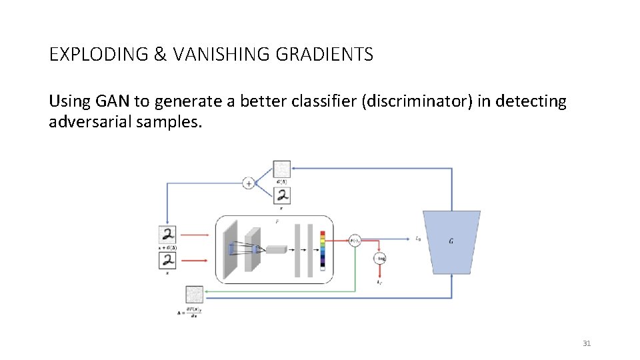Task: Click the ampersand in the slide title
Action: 160,54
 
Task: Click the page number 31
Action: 587,343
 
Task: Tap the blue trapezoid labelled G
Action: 451,242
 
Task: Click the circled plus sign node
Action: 248,183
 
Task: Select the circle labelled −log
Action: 380,258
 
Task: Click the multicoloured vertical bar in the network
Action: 323,249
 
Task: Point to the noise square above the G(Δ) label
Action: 282,169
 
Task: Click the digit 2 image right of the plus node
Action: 282,195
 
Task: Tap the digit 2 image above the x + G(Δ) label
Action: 168,235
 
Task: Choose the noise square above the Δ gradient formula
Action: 194,294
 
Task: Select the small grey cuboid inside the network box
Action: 275,249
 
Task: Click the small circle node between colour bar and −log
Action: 355,241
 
